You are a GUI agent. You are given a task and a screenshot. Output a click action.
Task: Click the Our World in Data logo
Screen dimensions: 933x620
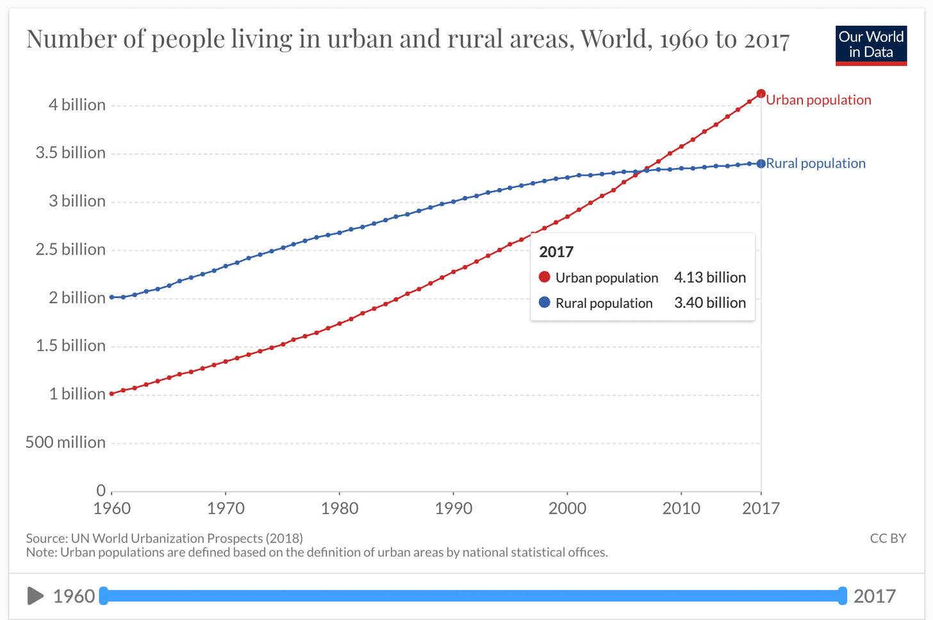click(x=871, y=46)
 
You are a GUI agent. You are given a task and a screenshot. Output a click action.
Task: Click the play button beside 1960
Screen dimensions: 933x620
click(x=35, y=596)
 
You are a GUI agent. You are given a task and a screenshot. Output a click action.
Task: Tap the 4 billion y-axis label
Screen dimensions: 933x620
click(x=77, y=105)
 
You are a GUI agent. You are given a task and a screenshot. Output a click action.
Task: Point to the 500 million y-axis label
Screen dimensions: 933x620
click(x=65, y=442)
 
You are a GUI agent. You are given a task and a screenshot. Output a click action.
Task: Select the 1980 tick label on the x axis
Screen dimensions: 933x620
click(x=340, y=508)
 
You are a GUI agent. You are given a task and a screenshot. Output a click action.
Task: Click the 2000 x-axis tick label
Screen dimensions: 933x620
click(x=567, y=508)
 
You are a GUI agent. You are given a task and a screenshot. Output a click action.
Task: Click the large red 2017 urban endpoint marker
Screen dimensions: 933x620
click(x=761, y=94)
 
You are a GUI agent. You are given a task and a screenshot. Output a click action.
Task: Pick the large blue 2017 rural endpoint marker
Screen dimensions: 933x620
click(x=761, y=163)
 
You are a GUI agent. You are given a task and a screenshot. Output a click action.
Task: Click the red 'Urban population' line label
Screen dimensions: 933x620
click(x=818, y=100)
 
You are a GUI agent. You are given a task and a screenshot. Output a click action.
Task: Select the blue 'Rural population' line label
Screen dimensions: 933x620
click(x=816, y=163)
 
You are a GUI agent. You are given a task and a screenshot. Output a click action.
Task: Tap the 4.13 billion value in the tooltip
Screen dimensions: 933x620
click(x=710, y=278)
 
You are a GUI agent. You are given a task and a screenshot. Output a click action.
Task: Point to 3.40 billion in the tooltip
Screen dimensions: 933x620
click(x=710, y=303)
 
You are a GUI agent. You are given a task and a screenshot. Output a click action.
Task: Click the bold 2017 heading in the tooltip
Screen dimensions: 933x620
click(x=556, y=252)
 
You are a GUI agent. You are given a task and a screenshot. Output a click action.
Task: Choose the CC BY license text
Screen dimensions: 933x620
click(x=888, y=539)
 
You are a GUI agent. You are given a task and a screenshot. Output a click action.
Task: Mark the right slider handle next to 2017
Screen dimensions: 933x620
click(x=842, y=596)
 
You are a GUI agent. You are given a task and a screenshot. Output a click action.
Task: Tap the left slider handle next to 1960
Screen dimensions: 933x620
click(x=104, y=596)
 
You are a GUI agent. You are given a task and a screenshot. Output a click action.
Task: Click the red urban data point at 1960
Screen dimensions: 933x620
click(x=111, y=394)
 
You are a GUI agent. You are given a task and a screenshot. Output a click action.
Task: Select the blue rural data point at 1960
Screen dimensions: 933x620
click(x=111, y=297)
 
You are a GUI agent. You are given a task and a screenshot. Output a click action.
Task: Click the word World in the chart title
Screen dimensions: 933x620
click(x=617, y=39)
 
